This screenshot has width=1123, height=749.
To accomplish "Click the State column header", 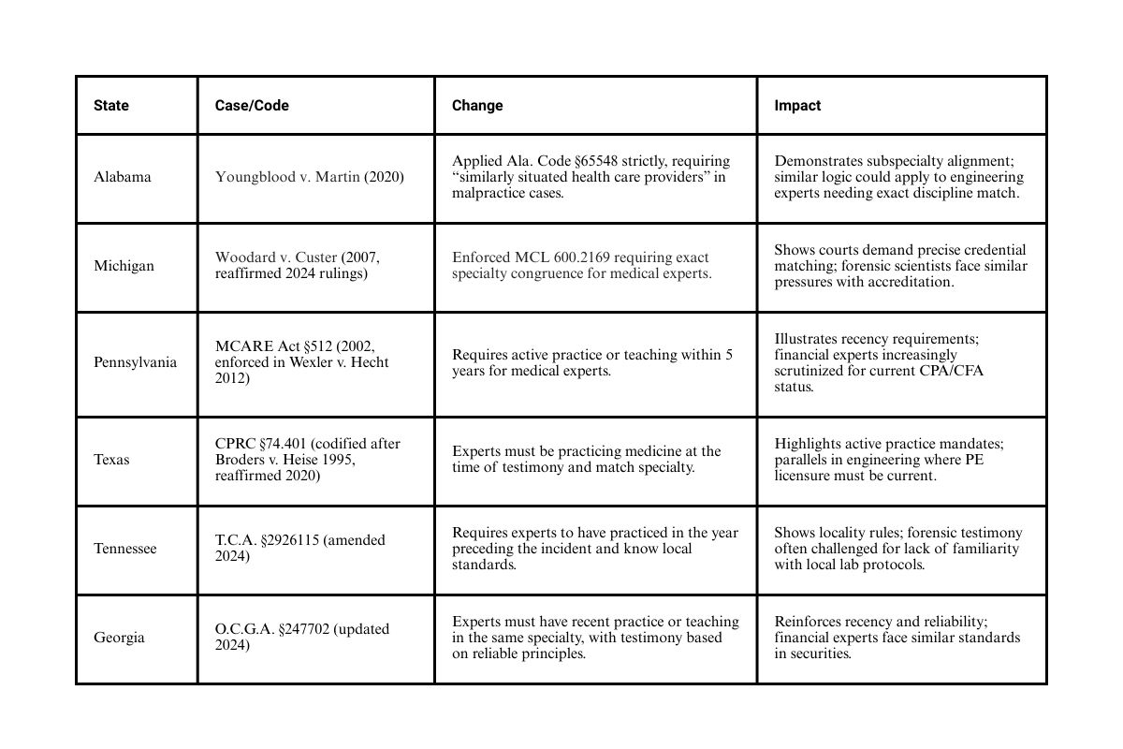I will point(111,106).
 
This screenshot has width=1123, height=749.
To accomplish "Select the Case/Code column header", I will point(252,106).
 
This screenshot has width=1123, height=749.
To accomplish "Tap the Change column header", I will point(477,106).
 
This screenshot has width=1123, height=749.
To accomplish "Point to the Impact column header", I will point(797,106).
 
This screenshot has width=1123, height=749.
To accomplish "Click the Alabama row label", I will point(122,177).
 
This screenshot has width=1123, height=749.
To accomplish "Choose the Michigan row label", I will point(124,266).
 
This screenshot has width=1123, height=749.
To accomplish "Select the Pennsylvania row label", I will point(135,362).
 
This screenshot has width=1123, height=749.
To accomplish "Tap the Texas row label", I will point(111,460).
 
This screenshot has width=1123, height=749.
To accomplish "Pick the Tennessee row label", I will point(125,549).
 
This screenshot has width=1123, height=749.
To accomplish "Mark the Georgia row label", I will point(119,638).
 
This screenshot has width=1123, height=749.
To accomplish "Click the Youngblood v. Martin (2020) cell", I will point(310,177).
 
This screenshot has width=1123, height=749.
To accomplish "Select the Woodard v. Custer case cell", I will point(298,266).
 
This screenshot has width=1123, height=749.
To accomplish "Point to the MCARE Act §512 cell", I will point(301,362).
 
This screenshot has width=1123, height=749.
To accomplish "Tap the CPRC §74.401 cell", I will point(307,460).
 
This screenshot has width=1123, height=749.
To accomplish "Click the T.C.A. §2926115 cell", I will point(299,549).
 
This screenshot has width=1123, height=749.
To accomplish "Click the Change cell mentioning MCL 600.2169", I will point(581,266).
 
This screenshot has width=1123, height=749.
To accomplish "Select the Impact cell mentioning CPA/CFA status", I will point(879,362).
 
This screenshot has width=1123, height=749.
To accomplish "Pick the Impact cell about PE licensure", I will point(888,460).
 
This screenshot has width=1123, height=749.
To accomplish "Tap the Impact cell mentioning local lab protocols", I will point(897,549).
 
